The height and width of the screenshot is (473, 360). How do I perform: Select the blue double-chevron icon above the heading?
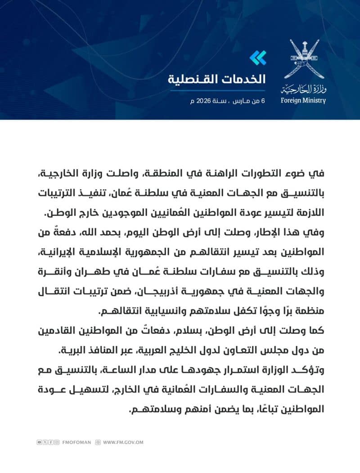pos(258,57)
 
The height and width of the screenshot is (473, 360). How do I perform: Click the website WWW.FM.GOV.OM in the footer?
pos(123,442)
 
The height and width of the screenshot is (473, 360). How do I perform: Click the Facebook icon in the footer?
pos(51,442)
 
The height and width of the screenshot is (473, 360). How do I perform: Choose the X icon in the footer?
pos(45,442)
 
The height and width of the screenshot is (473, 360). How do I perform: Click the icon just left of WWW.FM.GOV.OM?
pos(98,442)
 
